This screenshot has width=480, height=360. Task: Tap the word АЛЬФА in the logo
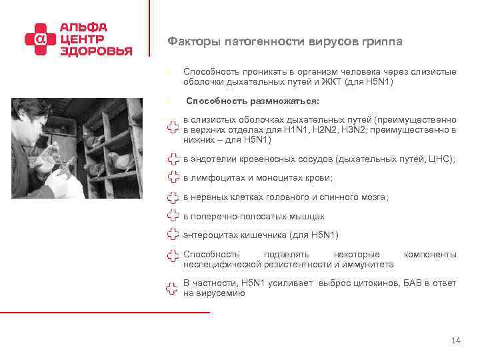click(x=83, y=28)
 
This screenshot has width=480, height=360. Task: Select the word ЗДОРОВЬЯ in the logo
click(x=96, y=51)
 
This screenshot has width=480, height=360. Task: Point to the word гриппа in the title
click(x=382, y=42)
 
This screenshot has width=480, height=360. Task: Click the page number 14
click(x=456, y=341)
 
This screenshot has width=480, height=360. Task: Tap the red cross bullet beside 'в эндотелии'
click(x=172, y=160)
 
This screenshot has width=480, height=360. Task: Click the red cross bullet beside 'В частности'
click(x=172, y=288)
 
